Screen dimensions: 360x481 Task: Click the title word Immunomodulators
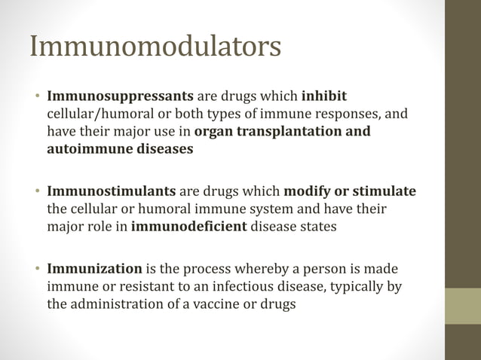pos(155,47)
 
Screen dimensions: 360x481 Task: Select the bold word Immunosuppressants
pos(120,98)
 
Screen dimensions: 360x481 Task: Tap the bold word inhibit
pos(324,98)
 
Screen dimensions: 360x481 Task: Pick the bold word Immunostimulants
pos(112,191)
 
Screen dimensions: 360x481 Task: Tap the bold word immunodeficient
pos(188,226)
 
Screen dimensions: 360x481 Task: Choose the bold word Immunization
pos(94,269)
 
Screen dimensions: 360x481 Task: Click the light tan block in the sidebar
pos(463,306)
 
